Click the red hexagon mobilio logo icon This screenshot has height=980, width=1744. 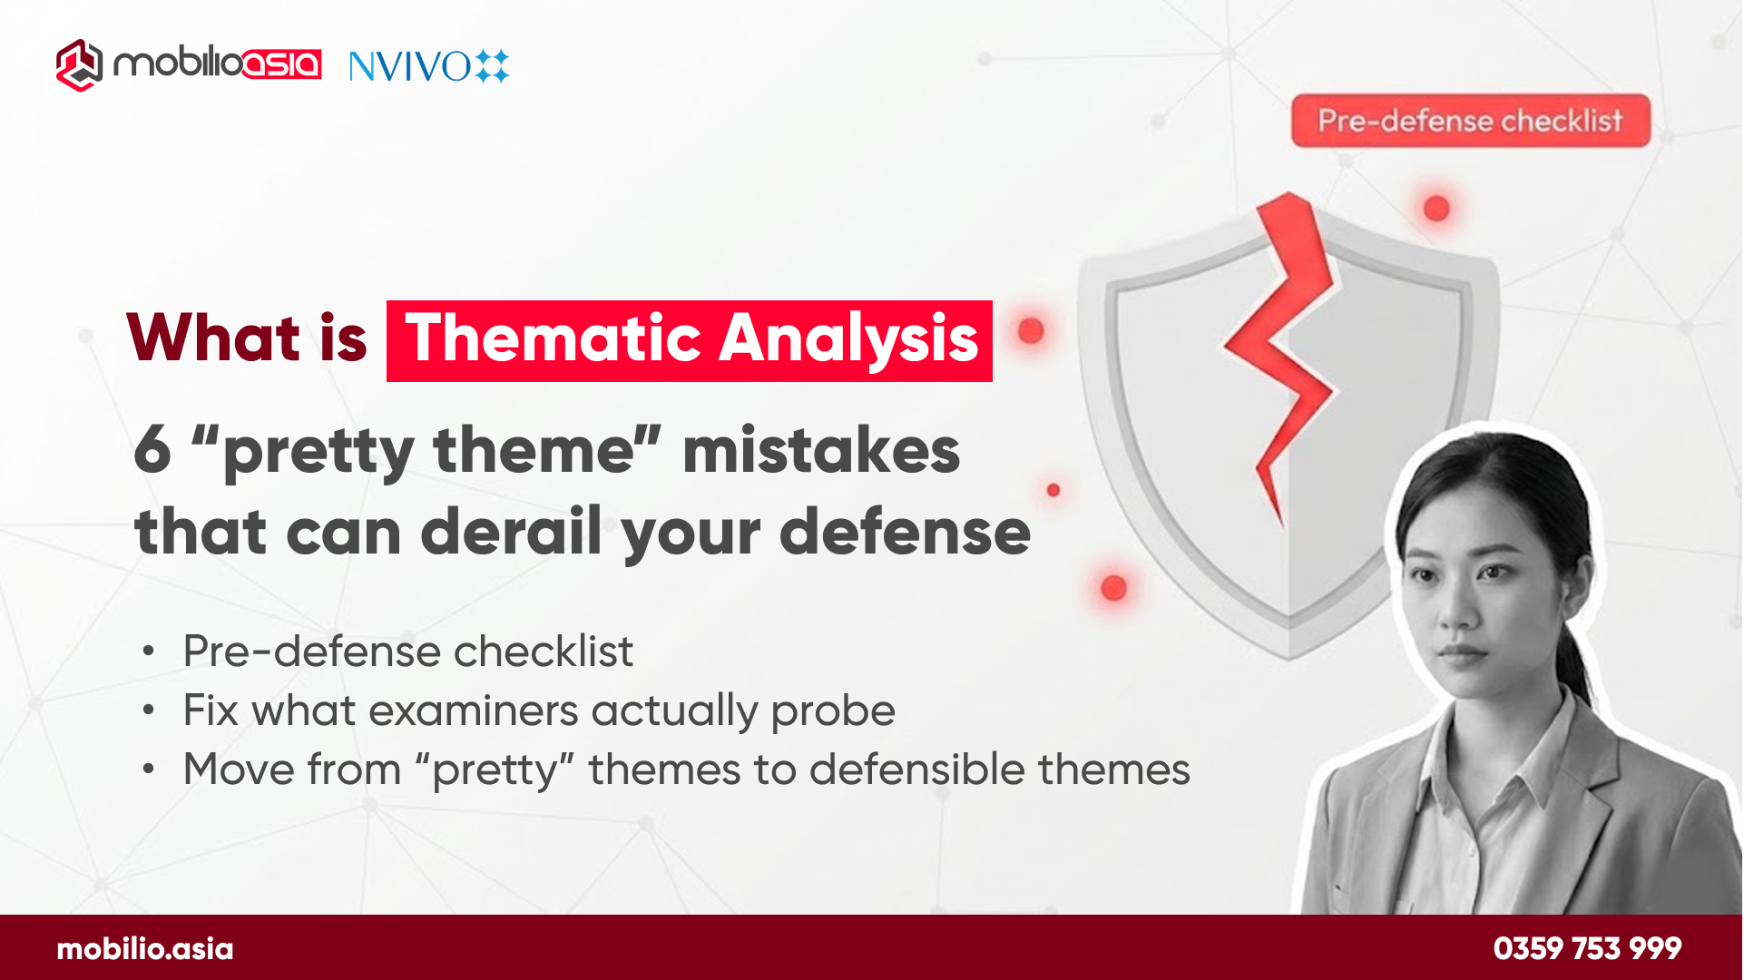click(79, 64)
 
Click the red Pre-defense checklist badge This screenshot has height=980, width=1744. click(1470, 121)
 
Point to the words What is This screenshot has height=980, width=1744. click(247, 338)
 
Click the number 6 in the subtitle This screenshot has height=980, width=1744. click(152, 449)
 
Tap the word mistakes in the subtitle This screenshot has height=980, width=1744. click(821, 449)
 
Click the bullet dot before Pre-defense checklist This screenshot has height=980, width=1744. click(149, 652)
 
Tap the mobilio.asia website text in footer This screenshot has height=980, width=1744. click(145, 949)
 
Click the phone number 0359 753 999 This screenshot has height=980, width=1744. click(1587, 949)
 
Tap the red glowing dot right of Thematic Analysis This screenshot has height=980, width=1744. click(1031, 330)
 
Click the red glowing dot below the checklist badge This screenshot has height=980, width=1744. click(1436, 209)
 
